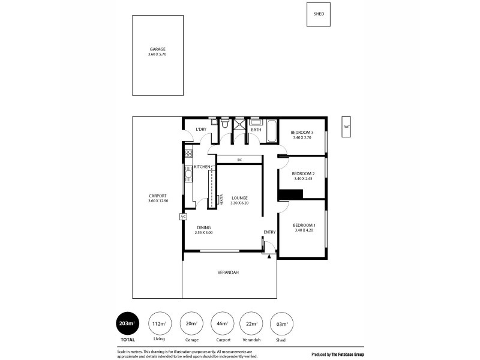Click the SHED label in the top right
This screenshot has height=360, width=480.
[x=319, y=14]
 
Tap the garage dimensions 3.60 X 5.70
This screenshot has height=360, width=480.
[x=158, y=55]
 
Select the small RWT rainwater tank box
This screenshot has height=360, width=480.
[x=346, y=127]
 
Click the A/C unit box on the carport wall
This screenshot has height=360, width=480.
[x=184, y=216]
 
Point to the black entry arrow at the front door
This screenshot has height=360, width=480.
[x=269, y=256]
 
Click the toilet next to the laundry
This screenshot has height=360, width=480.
[x=224, y=124]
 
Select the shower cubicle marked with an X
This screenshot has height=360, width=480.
[x=239, y=125]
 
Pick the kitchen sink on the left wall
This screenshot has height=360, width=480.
[x=188, y=174]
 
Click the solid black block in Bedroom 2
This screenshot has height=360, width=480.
[x=291, y=193]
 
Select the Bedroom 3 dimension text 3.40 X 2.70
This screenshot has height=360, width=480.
[x=302, y=137]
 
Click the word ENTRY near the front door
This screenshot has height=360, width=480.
[x=269, y=232]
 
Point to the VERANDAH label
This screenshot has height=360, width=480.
[x=229, y=272]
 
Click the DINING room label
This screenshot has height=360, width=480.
[x=204, y=227]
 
